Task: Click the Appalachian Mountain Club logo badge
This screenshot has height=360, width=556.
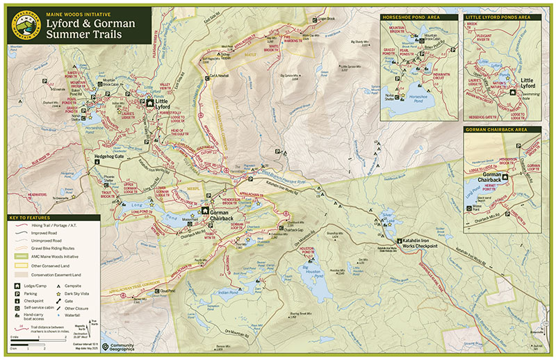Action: click(24, 25)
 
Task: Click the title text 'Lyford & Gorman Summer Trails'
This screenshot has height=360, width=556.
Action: click(90, 27)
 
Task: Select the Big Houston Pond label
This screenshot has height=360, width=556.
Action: click(313, 268)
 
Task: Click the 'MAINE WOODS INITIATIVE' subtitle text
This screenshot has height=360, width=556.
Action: click(76, 13)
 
